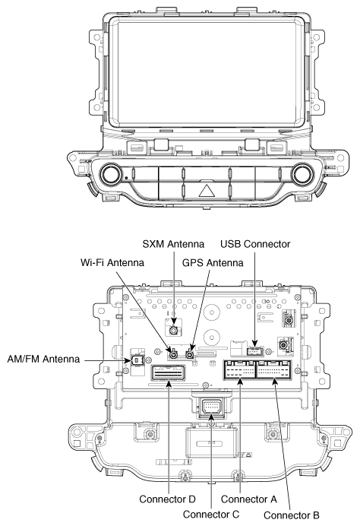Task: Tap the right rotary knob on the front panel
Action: pos(304,174)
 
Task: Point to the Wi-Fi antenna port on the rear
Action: pos(174,353)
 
